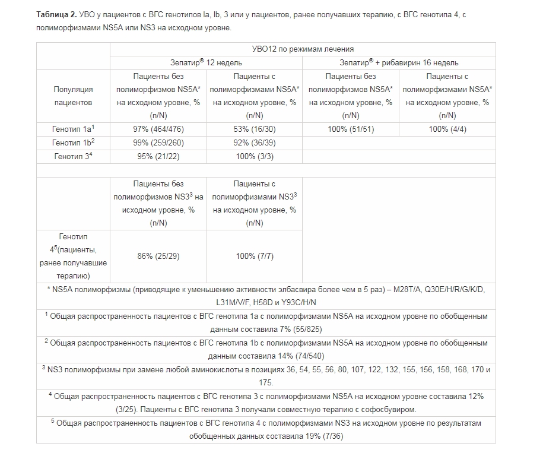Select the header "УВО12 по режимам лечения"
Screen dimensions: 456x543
303,49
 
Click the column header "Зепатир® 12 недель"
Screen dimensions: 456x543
206,62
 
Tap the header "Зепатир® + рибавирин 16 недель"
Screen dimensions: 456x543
399,62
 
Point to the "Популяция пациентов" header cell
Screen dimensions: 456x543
73,96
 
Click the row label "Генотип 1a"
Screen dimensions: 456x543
73,129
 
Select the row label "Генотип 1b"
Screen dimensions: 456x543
73,142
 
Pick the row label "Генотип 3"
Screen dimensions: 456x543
73,157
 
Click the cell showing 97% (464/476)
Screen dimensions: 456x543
158,129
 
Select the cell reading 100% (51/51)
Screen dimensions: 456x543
351,129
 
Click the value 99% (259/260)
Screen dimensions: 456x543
158,142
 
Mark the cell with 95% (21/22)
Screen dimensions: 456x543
158,157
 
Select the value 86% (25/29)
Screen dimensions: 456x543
158,256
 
